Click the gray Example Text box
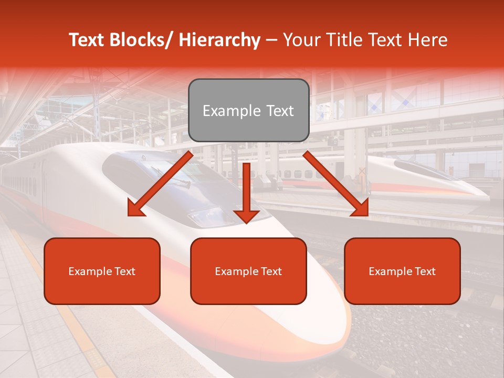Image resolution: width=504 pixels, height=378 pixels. coord(248,110)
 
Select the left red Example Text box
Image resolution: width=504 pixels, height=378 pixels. coord(102,271)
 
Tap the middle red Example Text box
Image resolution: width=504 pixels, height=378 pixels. coord(248,271)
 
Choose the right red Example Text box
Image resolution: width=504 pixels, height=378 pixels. coord(402,271)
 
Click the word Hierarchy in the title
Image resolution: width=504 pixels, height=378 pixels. coord(219,40)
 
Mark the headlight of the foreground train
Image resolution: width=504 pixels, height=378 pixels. coord(207,216)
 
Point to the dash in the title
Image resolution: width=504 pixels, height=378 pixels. coord(271,40)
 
